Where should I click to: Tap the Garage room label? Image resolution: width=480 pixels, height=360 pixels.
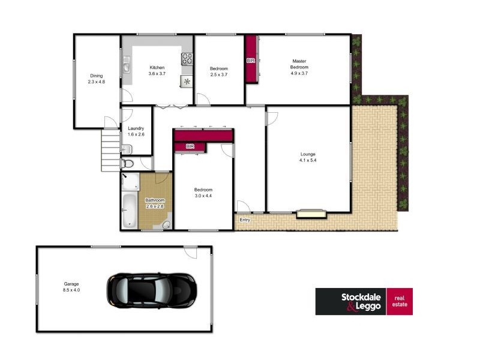point(71,284)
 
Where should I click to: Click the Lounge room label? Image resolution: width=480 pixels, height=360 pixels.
point(308,154)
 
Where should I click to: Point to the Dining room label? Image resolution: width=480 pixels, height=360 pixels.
point(97,76)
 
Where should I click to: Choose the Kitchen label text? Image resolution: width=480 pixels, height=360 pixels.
point(157,67)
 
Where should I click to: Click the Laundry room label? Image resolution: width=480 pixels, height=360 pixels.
point(136,128)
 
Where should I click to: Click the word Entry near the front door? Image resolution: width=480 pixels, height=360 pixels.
point(245,220)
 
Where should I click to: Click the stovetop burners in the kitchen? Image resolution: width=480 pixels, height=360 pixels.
point(187,59)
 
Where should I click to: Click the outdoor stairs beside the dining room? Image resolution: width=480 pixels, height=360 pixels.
point(111,150)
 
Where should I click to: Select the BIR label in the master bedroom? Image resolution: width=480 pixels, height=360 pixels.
point(250,61)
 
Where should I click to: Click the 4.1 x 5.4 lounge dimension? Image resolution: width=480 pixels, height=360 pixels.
point(308,161)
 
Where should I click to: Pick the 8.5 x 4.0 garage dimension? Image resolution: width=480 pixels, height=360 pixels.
point(71,290)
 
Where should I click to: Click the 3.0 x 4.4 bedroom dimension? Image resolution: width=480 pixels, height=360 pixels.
point(203,196)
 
